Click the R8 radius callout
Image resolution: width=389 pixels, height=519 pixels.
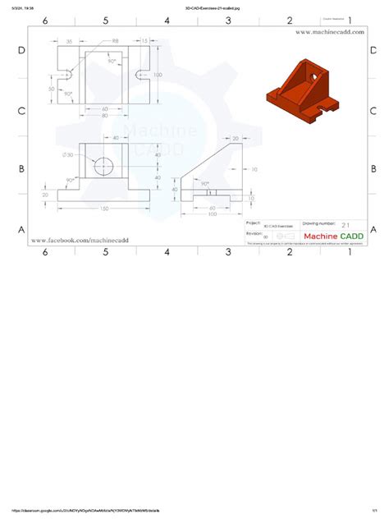115,40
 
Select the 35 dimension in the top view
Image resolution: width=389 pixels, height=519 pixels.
69,40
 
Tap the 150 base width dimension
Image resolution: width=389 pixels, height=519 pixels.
104,209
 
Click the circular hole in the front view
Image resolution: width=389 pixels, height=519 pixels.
104,167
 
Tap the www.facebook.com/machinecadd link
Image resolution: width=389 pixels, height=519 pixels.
80,240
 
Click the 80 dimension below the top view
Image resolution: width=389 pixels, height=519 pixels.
104,116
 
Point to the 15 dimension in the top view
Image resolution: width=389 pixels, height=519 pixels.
144,40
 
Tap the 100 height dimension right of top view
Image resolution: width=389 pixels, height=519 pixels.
158,75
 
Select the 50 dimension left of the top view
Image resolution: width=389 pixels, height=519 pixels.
51,89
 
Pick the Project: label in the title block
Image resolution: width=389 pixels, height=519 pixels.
254,222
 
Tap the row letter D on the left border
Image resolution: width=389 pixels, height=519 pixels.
20,51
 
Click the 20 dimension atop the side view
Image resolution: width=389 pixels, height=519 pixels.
236,139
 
